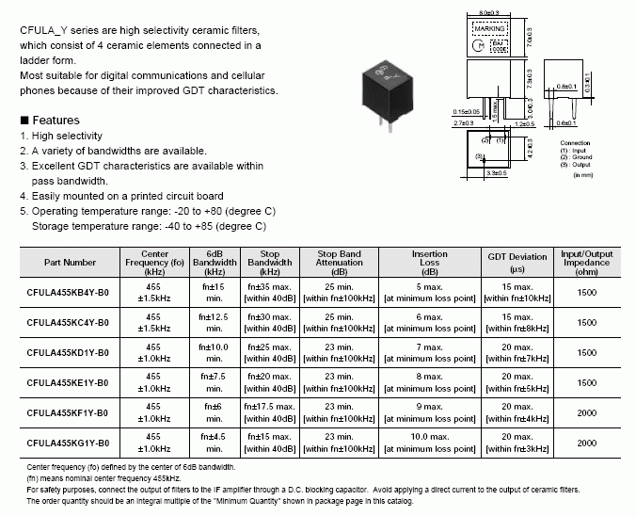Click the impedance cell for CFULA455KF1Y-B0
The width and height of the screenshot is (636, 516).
(x=586, y=412)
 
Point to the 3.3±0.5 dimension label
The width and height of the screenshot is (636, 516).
(x=496, y=173)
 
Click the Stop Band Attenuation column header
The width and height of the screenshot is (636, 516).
(x=339, y=261)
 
